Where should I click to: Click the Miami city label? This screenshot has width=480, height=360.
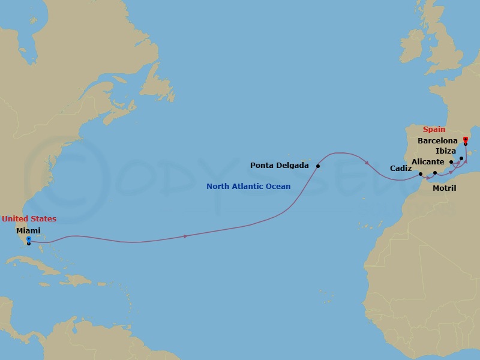click(29, 230)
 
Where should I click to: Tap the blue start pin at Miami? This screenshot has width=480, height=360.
click(29, 239)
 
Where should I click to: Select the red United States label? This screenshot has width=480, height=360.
click(29, 219)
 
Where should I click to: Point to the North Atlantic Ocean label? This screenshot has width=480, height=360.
click(248, 187)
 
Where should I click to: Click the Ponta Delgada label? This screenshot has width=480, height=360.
click(280, 166)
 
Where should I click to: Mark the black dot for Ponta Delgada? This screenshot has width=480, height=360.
click(318, 166)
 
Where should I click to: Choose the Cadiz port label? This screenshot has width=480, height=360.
click(401, 169)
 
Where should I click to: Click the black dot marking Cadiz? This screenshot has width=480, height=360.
click(421, 175)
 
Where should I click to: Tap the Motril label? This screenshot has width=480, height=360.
click(444, 188)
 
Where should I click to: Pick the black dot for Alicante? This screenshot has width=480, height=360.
click(451, 162)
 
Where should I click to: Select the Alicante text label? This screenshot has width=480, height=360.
click(428, 162)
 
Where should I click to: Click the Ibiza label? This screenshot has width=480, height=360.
click(445, 151)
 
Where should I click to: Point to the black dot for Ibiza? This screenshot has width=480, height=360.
click(461, 158)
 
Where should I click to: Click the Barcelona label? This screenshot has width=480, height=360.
click(437, 140)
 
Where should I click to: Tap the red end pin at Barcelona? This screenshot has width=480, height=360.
click(466, 140)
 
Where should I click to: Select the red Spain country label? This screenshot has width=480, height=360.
click(434, 129)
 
